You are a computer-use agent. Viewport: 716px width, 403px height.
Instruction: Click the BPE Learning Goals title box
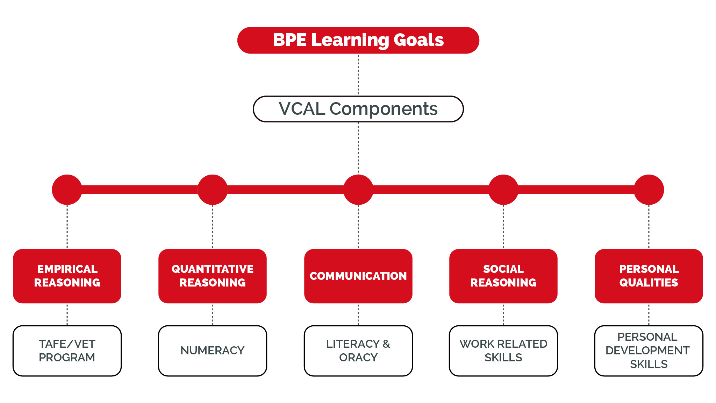pos(358,40)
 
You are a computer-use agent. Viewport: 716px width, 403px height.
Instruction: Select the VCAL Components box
pos(358,109)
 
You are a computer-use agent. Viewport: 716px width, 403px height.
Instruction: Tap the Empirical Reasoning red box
pos(67,276)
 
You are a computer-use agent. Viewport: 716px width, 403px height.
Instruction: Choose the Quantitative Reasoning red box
pos(213,276)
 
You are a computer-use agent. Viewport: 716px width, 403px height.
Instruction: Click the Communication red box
pos(358,276)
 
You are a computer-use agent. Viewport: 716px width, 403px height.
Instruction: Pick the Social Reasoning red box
pos(503,276)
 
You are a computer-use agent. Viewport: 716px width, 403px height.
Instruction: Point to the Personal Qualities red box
pos(649,276)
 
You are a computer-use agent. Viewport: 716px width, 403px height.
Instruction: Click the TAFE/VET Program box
pos(67,351)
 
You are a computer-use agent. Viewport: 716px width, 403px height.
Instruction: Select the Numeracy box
pos(213,351)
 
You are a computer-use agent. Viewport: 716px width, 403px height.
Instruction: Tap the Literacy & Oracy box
pos(358,351)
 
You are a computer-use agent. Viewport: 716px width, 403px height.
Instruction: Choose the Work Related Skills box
pos(503,351)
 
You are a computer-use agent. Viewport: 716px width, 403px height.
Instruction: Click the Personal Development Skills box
pos(649,351)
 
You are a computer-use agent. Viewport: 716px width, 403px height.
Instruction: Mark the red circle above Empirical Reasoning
pos(67,190)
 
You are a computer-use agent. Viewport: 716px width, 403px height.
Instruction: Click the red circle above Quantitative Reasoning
pos(213,190)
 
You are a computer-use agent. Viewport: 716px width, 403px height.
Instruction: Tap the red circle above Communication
pos(358,190)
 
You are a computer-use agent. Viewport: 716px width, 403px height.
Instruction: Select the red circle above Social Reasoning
pos(503,190)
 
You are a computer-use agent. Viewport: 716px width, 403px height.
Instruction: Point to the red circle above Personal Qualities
pos(649,190)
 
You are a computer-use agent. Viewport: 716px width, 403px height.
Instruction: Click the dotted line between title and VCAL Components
pos(358,75)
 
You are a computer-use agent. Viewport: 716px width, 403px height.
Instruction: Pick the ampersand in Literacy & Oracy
pos(386,344)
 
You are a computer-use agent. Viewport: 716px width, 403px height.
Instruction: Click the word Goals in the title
pos(419,40)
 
